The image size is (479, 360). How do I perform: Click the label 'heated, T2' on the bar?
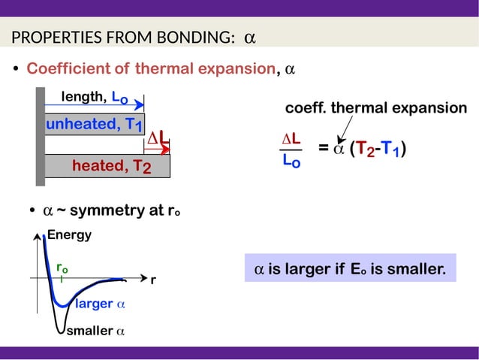[112, 166]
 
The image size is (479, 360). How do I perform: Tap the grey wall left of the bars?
[40, 135]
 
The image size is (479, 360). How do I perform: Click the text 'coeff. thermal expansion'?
[375, 108]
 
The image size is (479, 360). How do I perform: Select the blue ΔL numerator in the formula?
[291, 139]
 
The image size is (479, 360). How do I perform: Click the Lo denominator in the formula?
[291, 160]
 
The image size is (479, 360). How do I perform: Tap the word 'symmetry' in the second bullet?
[105, 210]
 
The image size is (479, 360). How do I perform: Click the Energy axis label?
[70, 235]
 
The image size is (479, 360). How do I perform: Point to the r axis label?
[153, 280]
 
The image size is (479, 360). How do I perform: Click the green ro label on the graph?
[62, 268]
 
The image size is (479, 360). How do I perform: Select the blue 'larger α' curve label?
[100, 304]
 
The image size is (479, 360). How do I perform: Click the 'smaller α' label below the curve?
[95, 331]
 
